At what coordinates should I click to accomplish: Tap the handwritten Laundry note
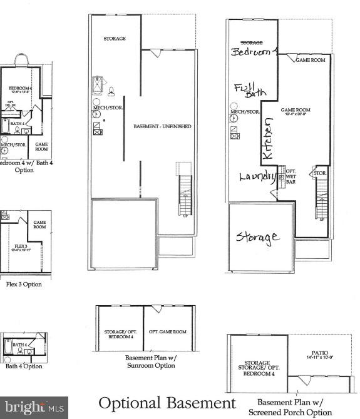tap(257, 176)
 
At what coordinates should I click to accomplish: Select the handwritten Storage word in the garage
tap(257, 237)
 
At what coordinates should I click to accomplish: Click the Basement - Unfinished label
tap(162, 126)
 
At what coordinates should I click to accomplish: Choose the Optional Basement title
tap(167, 403)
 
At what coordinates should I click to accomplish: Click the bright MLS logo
tap(34, 407)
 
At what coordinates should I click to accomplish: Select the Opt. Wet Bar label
tap(291, 176)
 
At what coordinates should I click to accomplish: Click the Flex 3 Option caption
tap(24, 284)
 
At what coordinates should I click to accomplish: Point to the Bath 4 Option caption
tap(24, 366)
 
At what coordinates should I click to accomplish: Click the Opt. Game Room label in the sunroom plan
tap(167, 331)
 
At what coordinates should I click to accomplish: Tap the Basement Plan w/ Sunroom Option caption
tap(150, 361)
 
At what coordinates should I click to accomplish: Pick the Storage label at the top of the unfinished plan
tap(115, 39)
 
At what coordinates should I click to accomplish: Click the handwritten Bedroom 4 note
tap(253, 52)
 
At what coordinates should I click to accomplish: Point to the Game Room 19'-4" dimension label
tap(296, 112)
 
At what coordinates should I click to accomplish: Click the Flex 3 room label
tap(21, 248)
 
